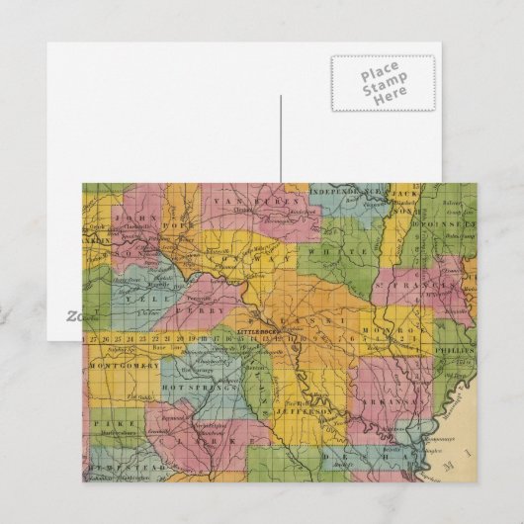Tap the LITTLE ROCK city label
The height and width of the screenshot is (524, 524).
(x=259, y=330)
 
